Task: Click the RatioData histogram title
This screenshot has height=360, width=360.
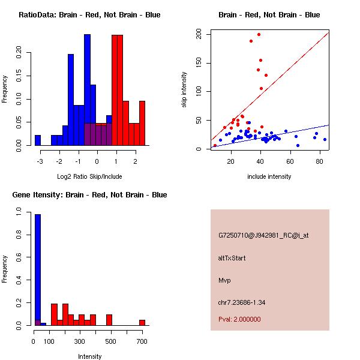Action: coord(89,15)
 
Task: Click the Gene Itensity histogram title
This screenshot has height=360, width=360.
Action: coord(89,195)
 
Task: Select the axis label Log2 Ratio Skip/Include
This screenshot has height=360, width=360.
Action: coord(89,176)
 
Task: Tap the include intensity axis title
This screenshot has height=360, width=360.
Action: coord(269,176)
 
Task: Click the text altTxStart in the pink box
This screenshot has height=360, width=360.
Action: coord(232,258)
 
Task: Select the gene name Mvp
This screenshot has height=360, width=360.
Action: coord(224,280)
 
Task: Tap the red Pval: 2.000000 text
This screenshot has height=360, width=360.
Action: coord(239,319)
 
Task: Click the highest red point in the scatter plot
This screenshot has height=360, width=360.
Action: coord(259,34)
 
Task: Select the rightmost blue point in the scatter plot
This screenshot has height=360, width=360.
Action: coord(325,139)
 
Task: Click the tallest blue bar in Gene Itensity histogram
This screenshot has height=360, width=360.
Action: coord(37,270)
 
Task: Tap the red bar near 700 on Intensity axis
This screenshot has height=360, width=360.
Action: coord(142,323)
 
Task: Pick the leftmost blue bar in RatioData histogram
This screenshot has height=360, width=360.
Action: coord(37,140)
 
